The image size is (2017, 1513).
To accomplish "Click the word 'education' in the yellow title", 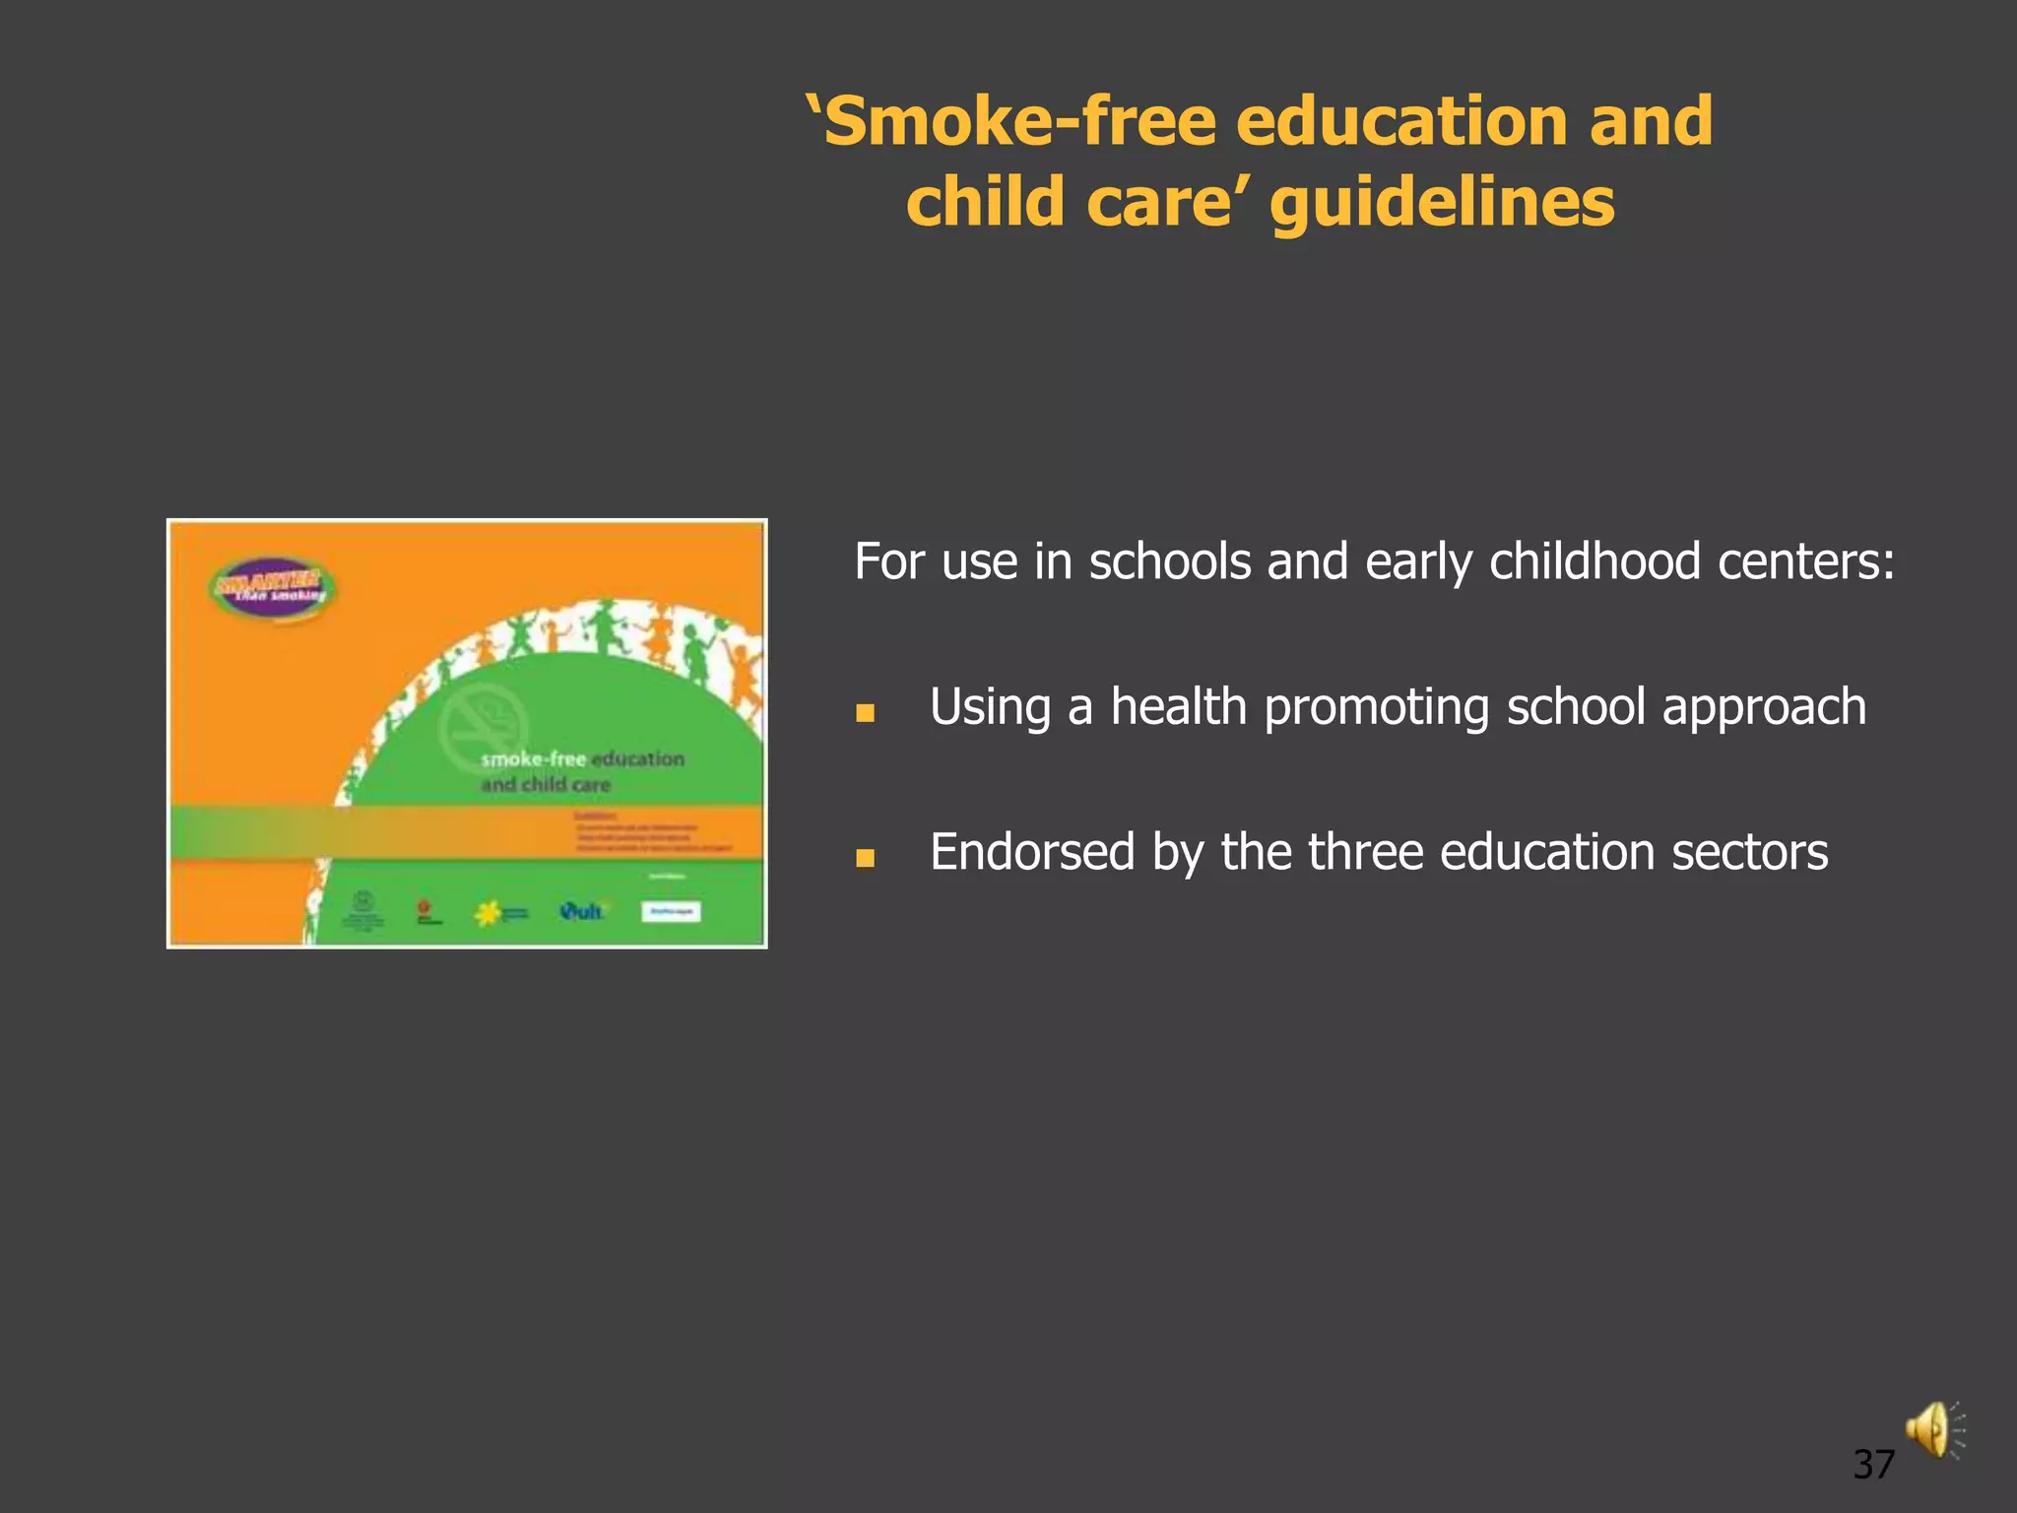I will coord(1401,121).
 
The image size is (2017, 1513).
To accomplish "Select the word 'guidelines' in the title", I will coord(1443,202).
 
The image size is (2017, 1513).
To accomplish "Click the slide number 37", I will coord(1873,1465).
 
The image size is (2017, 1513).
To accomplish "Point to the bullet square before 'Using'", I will coord(865,712).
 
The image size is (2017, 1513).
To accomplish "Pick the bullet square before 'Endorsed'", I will coord(865,857).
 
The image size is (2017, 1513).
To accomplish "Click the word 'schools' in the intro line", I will coord(1170,561).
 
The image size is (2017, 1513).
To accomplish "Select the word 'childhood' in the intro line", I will coord(1594,561).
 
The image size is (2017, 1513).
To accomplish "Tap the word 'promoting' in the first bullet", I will coord(1376,707).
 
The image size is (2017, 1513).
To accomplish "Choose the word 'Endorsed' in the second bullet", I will coord(1032,852).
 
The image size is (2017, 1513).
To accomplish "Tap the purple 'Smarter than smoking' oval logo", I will coord(272,589).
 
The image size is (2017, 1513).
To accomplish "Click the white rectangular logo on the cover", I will coord(671,912).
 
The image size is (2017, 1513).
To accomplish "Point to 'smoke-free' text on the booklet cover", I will coord(533,758).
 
